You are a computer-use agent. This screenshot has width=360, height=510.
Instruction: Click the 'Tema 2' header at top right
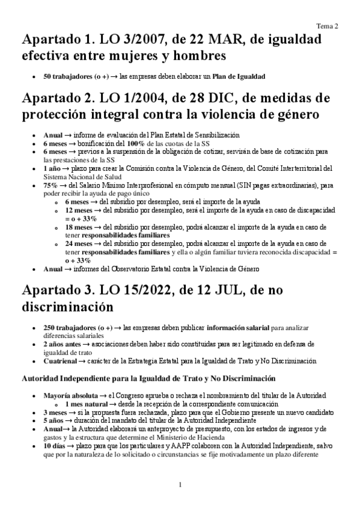coord(328,26)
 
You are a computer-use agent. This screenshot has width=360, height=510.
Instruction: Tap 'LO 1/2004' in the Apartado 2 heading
coord(145,98)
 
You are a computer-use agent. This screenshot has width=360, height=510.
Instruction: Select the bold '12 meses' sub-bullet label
coord(79,211)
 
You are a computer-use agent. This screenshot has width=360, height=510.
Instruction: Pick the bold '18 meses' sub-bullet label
coord(79,228)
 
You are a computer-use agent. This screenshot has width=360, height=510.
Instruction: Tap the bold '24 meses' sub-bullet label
coord(79,244)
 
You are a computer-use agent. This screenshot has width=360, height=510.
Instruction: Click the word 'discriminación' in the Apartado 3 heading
coord(67,307)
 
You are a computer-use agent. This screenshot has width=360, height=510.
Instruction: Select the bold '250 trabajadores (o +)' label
coord(78,327)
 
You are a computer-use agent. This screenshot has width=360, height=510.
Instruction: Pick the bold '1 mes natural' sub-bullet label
coord(84,405)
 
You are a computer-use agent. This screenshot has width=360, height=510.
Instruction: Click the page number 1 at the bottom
coord(180,485)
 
